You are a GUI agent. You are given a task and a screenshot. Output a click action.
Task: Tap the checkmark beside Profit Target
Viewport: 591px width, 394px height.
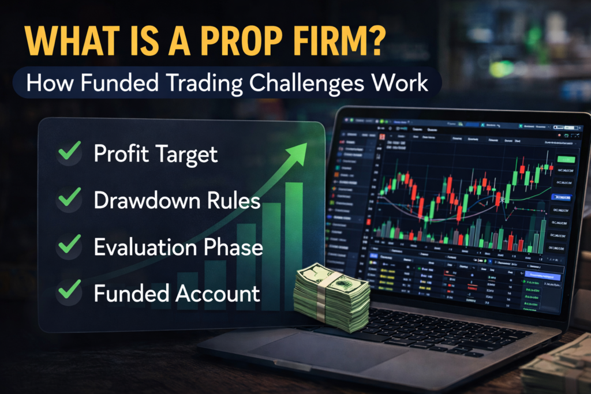coord(70,153)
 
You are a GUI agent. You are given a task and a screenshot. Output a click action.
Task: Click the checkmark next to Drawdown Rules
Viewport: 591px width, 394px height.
coord(70,200)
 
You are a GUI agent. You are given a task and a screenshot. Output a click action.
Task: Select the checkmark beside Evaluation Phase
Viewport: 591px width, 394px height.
coord(70,246)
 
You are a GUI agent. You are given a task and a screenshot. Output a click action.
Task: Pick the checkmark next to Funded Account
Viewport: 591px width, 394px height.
coord(70,292)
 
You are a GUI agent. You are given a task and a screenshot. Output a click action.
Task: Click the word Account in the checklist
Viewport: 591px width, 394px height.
coord(218,294)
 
